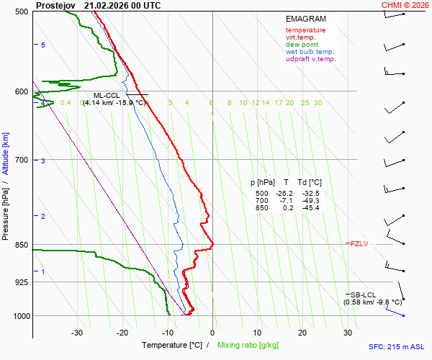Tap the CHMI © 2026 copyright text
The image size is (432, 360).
[x=405, y=5]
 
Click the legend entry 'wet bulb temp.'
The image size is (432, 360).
[x=310, y=52]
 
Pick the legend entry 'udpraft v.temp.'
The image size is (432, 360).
[x=310, y=59]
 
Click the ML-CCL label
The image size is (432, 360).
[x=107, y=95]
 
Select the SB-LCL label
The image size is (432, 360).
[x=363, y=294]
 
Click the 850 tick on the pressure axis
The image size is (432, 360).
[x=20, y=245]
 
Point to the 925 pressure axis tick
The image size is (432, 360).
[x=20, y=282]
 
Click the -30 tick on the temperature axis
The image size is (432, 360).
[x=77, y=333]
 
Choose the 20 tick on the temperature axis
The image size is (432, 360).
[x=302, y=333]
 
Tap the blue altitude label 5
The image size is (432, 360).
[x=43, y=45]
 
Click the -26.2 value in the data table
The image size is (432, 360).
[x=286, y=194]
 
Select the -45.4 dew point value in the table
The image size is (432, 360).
[x=311, y=208]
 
